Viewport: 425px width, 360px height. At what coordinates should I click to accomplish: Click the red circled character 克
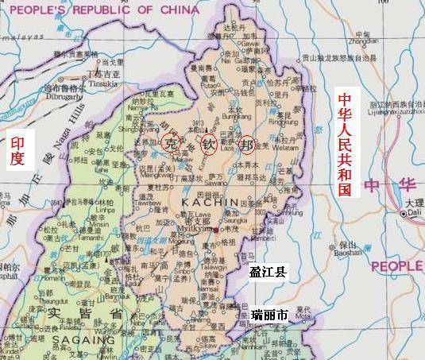[x=169, y=142]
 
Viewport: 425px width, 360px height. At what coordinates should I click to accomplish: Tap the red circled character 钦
[x=208, y=145]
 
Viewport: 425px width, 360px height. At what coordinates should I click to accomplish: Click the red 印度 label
[x=17, y=151]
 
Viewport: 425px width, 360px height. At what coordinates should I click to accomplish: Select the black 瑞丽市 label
[x=269, y=315]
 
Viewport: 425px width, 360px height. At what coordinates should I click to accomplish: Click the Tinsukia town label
[x=100, y=83]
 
